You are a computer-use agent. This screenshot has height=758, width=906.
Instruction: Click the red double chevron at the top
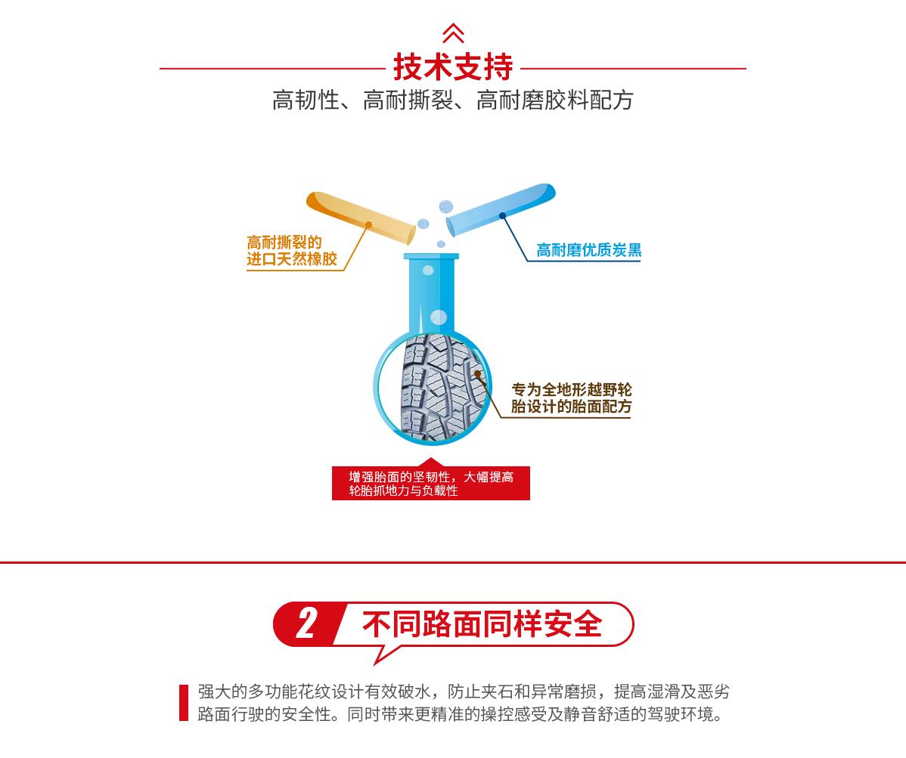[452, 33]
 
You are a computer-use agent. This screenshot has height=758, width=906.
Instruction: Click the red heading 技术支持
[452, 67]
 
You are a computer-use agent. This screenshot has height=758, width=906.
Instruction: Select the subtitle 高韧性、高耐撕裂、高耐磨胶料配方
[452, 101]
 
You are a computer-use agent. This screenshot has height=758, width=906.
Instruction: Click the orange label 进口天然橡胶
[292, 259]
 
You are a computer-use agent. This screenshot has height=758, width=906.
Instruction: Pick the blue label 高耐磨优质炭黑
[588, 250]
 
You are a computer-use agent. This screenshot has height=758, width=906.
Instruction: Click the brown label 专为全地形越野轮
[572, 390]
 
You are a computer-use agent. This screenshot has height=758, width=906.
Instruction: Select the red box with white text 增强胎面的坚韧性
[431, 484]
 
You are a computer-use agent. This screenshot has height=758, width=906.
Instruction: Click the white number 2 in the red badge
[306, 624]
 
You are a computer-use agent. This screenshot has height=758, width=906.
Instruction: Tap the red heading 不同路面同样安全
[482, 625]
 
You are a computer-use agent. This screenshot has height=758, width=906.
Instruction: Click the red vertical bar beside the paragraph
[184, 703]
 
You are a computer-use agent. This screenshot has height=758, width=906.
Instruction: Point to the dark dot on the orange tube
[369, 224]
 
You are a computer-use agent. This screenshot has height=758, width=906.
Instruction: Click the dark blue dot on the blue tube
[502, 216]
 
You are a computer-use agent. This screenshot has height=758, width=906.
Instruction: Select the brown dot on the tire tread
[477, 373]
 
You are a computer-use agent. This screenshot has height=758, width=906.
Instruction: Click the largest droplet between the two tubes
[446, 206]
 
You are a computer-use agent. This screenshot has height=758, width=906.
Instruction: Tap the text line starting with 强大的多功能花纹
[463, 692]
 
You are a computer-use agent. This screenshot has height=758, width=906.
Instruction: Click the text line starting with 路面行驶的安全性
[460, 714]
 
